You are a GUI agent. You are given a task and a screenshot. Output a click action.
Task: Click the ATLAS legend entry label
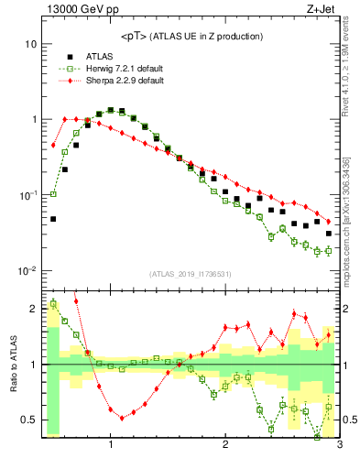click(95, 56)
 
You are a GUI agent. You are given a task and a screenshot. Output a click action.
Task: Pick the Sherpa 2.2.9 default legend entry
click(120, 82)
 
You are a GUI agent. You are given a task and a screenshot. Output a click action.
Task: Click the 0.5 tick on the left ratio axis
click(28, 420)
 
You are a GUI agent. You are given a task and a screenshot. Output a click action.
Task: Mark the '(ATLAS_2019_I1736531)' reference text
click(191, 274)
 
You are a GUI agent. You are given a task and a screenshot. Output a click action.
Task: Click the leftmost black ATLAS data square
click(53, 219)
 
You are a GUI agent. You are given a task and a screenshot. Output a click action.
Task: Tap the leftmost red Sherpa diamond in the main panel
click(53, 145)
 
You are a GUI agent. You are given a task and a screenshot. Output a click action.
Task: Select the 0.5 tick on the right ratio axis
click(349, 420)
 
